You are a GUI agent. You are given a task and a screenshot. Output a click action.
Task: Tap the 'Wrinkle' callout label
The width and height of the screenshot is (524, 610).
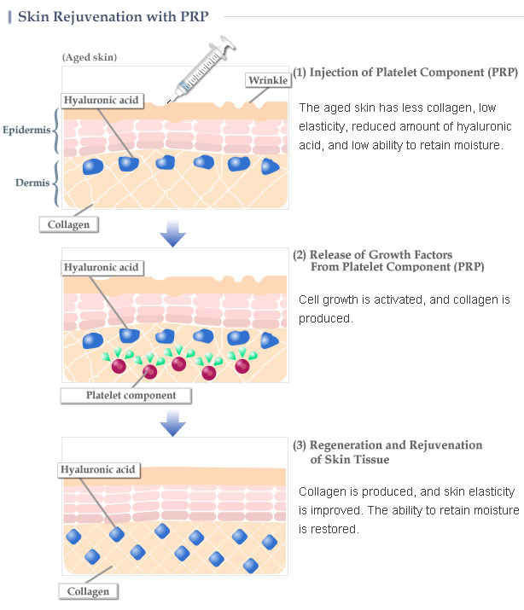coord(268,80)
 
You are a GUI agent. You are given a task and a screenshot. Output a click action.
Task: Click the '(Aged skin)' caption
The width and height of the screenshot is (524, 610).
coord(90,57)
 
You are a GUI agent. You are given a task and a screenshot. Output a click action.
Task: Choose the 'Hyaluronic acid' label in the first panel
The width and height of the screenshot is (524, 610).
coord(101,99)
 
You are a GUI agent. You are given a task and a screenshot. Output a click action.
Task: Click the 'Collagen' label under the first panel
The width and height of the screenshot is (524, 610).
coord(68,224)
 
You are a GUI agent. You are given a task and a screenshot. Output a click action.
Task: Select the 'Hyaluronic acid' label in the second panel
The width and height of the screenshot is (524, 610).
coord(101,268)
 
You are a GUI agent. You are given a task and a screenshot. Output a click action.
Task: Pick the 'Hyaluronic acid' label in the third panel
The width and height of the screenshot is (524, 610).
coord(98,470)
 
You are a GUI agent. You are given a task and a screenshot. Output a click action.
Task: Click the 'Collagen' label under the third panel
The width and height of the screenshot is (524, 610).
coord(88,590)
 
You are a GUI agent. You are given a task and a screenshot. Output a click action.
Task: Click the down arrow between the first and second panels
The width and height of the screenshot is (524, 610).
coord(173,234)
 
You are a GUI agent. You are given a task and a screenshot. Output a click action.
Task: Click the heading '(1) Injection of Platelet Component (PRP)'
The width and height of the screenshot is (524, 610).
coord(405,73)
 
